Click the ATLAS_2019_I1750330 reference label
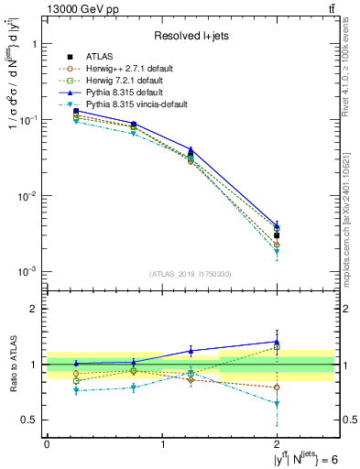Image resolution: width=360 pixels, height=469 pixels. [x=191, y=274]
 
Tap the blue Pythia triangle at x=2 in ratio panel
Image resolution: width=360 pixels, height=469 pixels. [x=277, y=342]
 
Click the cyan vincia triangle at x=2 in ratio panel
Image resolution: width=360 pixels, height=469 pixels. [x=277, y=404]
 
